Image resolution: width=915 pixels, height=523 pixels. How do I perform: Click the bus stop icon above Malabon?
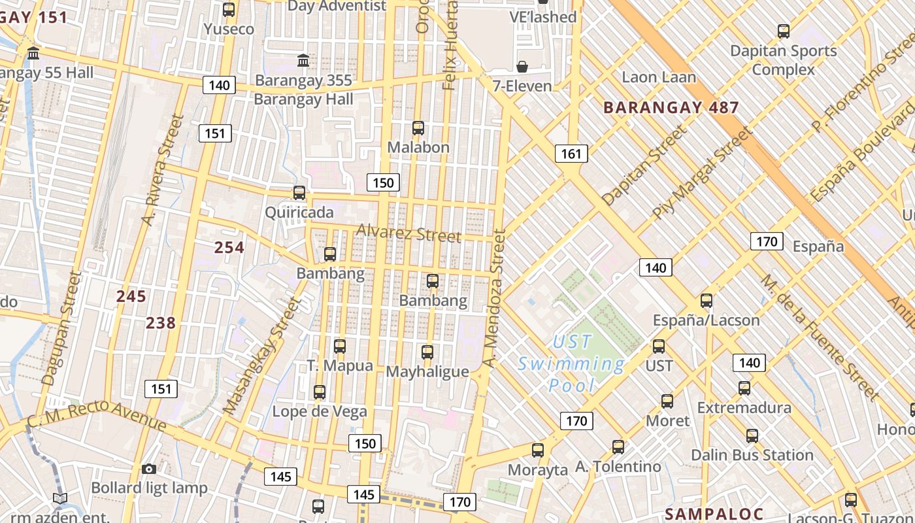(418, 128)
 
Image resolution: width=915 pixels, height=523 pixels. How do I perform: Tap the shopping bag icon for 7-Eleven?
(522, 67)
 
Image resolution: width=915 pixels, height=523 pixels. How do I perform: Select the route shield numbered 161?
(571, 154)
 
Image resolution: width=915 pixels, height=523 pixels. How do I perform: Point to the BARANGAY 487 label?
(671, 108)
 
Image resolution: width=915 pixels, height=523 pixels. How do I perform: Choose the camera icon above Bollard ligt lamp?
(149, 469)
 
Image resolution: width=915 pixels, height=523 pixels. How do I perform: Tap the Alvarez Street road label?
(408, 233)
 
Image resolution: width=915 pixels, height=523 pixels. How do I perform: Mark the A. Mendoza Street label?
(494, 297)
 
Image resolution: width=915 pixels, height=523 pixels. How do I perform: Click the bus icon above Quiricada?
(299, 193)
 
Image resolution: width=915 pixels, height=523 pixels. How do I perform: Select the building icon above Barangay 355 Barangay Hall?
(303, 61)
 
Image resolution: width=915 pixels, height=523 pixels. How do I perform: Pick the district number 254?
(229, 247)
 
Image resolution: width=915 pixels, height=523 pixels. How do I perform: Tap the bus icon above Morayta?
(538, 450)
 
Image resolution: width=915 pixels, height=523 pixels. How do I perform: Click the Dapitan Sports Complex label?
(783, 60)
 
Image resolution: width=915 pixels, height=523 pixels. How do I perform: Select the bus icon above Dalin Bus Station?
(752, 435)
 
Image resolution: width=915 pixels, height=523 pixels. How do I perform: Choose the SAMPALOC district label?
(714, 513)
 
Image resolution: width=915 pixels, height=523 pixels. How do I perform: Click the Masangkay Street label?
(259, 356)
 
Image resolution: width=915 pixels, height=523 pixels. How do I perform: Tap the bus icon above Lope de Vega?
(320, 392)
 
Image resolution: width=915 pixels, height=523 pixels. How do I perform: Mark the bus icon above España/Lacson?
(707, 301)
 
